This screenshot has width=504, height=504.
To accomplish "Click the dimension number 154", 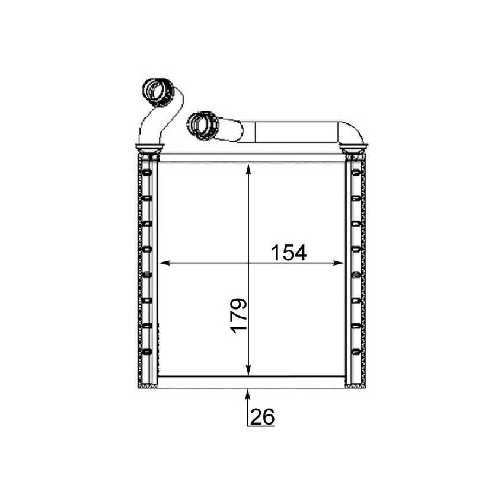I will pyautogui.click(x=289, y=253).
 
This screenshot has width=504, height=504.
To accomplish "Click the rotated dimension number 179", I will pyautogui.click(x=238, y=315).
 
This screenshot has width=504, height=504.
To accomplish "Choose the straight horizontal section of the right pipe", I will pyautogui.click(x=291, y=131).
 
